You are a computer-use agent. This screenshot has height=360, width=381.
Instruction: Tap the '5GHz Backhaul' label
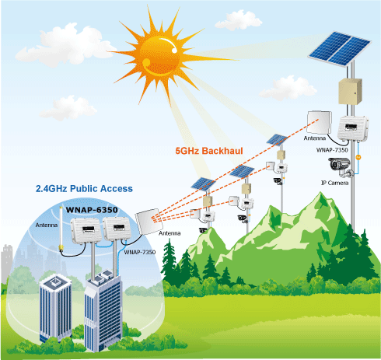tap(209, 151)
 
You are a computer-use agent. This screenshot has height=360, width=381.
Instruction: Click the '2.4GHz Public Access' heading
tap(84, 189)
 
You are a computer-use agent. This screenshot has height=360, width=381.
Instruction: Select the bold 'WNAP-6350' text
tap(92, 210)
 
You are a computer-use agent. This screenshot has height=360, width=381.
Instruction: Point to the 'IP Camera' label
tap(334, 183)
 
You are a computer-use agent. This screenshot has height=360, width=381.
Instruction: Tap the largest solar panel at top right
tap(340, 49)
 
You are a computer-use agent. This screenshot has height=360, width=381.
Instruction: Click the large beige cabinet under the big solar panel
tap(350, 91)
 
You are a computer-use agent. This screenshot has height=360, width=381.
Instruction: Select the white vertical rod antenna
tap(61, 229)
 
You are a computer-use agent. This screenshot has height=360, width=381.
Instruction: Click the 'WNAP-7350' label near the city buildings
tap(140, 252)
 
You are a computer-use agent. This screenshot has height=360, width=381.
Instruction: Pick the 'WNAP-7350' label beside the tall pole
tap(332, 150)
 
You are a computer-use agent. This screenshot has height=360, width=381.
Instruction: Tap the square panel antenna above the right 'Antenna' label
tap(319, 122)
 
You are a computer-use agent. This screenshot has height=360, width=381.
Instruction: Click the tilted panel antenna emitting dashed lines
tap(149, 221)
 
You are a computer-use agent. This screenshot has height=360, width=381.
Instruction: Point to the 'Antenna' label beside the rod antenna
tap(47, 225)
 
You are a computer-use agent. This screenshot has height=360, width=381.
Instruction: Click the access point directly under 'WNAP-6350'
tap(86, 231)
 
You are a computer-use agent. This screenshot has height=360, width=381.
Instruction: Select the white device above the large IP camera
tap(353, 128)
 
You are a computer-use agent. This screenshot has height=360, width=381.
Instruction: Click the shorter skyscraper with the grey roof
tap(55, 309)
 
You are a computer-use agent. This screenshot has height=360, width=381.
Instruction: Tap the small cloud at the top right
tap(239, 20)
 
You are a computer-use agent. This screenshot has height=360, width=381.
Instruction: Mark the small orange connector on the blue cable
tap(358, 157)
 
